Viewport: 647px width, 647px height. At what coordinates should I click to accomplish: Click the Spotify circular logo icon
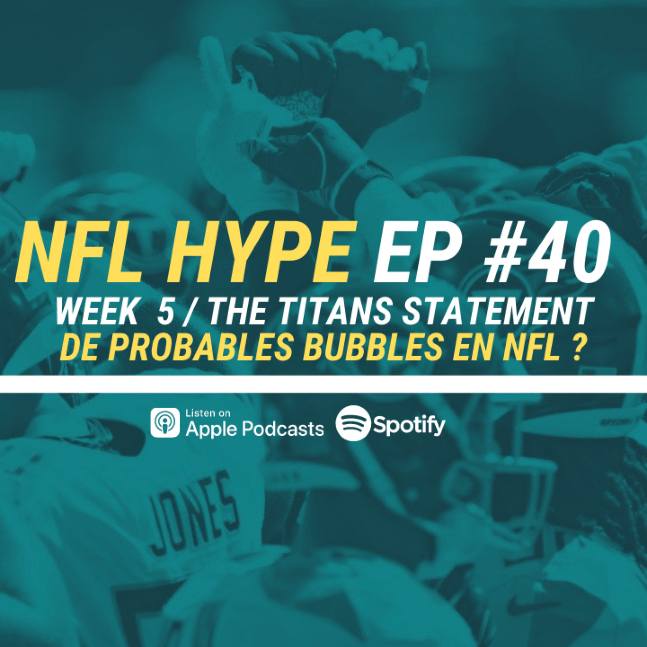353,422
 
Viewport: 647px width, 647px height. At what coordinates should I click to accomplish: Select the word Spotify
409,426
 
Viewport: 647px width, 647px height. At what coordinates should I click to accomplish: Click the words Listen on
208,413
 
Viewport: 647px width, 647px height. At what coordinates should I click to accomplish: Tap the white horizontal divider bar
323,384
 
